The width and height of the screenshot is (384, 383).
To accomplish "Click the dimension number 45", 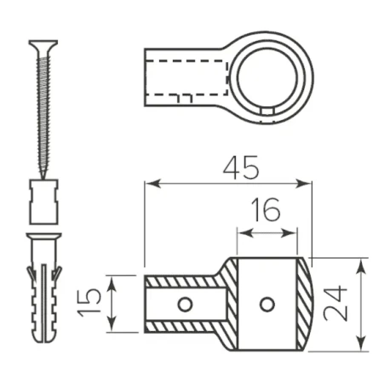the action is pyautogui.click(x=241, y=168).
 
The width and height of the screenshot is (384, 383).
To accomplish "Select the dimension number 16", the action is pyautogui.click(x=267, y=210).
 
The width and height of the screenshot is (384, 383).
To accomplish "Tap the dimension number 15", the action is pyautogui.click(x=89, y=302).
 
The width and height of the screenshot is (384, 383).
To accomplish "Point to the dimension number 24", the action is pyautogui.click(x=335, y=304).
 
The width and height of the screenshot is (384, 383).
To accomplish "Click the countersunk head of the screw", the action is pyautogui.click(x=43, y=45).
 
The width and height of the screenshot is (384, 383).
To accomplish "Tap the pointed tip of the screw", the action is pyautogui.click(x=43, y=177).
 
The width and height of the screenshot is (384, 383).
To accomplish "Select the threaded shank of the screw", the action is pyautogui.click(x=43, y=113).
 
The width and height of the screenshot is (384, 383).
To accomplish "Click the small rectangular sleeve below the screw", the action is pyautogui.click(x=44, y=202).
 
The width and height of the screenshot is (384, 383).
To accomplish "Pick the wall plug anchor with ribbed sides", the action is pyautogui.click(x=44, y=288).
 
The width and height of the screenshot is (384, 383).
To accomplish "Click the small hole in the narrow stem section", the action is pyautogui.click(x=185, y=305).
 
